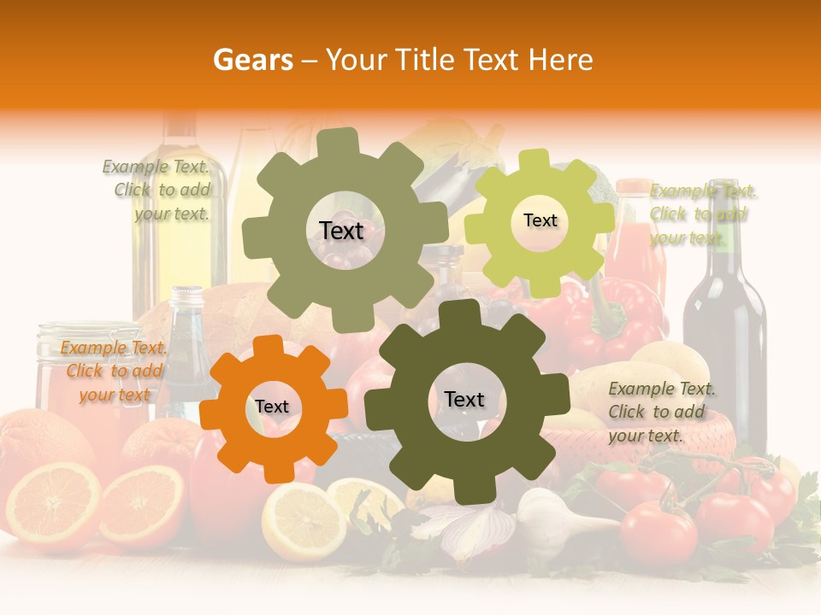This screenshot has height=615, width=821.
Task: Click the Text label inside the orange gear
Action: click(x=272, y=407)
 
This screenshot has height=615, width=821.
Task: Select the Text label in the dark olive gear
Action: click(x=464, y=400)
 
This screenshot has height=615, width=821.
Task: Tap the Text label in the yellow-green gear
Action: click(x=540, y=220)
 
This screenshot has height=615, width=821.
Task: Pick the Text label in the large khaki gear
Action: click(x=341, y=231)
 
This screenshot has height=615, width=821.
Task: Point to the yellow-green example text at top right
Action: click(x=702, y=214)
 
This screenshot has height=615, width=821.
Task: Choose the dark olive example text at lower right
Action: click(x=661, y=412)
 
